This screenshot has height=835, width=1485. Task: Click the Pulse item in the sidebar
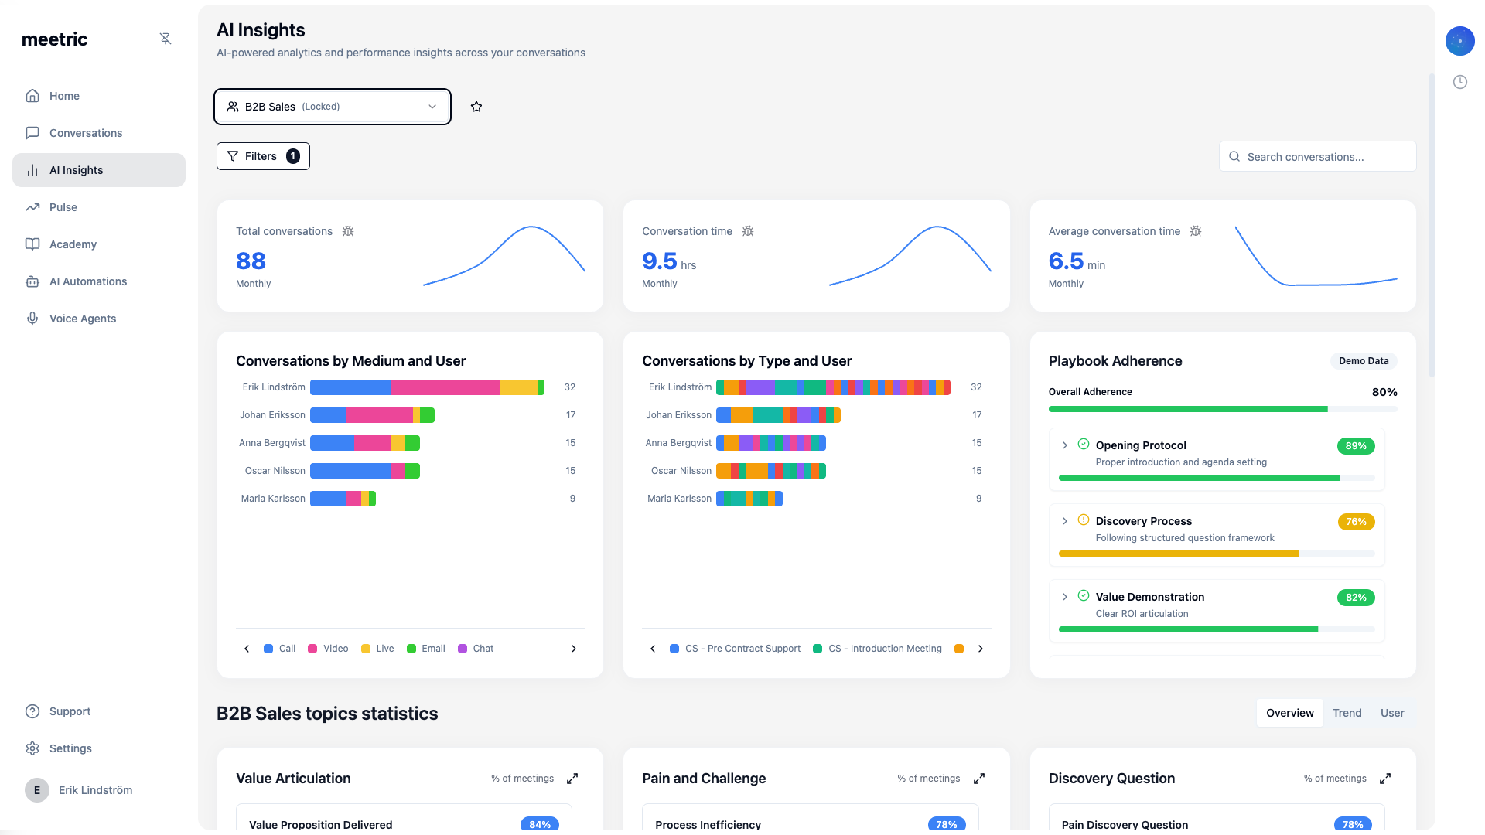tap(63, 207)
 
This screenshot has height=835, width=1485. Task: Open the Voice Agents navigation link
tap(82, 319)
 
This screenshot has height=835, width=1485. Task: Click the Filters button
tap(263, 156)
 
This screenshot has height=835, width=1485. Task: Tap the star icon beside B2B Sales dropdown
tap(476, 107)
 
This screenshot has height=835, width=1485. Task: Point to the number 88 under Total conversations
tap(251, 261)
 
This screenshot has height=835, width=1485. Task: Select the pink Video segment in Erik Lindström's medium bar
tap(445, 387)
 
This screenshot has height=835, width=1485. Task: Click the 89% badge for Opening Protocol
tap(1355, 446)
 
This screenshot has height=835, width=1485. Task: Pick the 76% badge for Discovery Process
tap(1355, 522)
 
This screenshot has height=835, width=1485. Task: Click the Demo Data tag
tap(1363, 361)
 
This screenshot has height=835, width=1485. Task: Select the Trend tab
tap(1347, 713)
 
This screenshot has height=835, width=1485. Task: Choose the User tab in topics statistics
tap(1392, 713)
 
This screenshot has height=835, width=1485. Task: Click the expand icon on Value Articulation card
tap(572, 779)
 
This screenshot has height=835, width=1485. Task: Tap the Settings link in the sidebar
tap(70, 748)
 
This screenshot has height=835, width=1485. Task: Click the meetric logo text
tap(55, 39)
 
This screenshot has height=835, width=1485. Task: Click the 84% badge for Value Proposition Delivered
tap(540, 824)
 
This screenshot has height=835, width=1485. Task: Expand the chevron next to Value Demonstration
tap(1065, 597)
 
